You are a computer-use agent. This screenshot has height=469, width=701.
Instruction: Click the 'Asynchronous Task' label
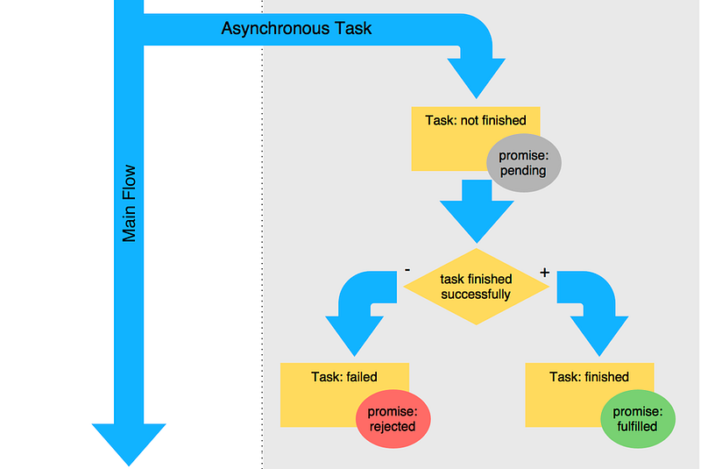tap(296, 29)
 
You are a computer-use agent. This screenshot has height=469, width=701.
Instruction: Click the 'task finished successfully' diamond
tap(476, 287)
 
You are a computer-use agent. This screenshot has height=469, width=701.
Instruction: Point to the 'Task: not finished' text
tap(475, 120)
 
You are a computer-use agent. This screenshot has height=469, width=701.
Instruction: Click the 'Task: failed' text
tap(344, 377)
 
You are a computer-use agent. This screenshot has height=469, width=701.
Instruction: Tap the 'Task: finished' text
tap(589, 377)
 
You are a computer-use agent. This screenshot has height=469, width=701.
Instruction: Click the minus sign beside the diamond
tap(407, 270)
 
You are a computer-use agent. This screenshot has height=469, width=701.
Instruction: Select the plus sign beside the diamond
tap(544, 273)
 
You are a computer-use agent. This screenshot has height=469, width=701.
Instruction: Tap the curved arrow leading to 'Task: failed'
tap(355, 311)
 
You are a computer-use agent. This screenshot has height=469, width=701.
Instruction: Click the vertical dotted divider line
tap(262, 263)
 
